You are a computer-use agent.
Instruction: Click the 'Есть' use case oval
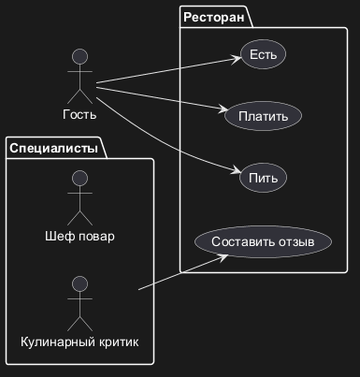pyautogui.click(x=263, y=54)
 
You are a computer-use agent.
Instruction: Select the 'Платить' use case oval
pyautogui.click(x=263, y=116)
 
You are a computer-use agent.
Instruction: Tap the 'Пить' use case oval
pyautogui.click(x=263, y=178)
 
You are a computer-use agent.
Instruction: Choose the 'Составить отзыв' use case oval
pyautogui.click(x=263, y=241)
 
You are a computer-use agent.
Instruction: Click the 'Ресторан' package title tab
pyautogui.click(x=214, y=17)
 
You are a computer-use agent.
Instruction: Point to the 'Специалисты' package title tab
pyautogui.click(x=54, y=148)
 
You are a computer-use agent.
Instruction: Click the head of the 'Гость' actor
pyautogui.click(x=79, y=57)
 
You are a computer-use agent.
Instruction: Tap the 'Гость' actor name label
pyautogui.click(x=79, y=114)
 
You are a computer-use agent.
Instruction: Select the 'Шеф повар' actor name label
pyautogui.click(x=79, y=236)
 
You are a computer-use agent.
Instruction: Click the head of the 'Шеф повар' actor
pyautogui.click(x=79, y=179)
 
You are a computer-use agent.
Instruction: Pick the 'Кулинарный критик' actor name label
pyautogui.click(x=79, y=342)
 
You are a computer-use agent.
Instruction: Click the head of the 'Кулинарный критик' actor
pyautogui.click(x=79, y=284)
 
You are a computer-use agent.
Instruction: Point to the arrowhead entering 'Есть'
pyautogui.click(x=237, y=59)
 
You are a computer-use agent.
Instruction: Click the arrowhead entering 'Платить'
pyautogui.click(x=223, y=109)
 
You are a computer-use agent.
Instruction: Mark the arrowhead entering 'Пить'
pyautogui.click(x=236, y=170)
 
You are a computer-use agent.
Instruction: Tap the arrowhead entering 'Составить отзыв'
pyautogui.click(x=223, y=258)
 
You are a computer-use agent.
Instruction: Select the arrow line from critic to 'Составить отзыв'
pyautogui.click(x=183, y=272)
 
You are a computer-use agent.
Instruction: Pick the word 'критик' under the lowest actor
pyautogui.click(x=119, y=342)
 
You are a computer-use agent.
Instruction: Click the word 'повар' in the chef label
pyautogui.click(x=96, y=237)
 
